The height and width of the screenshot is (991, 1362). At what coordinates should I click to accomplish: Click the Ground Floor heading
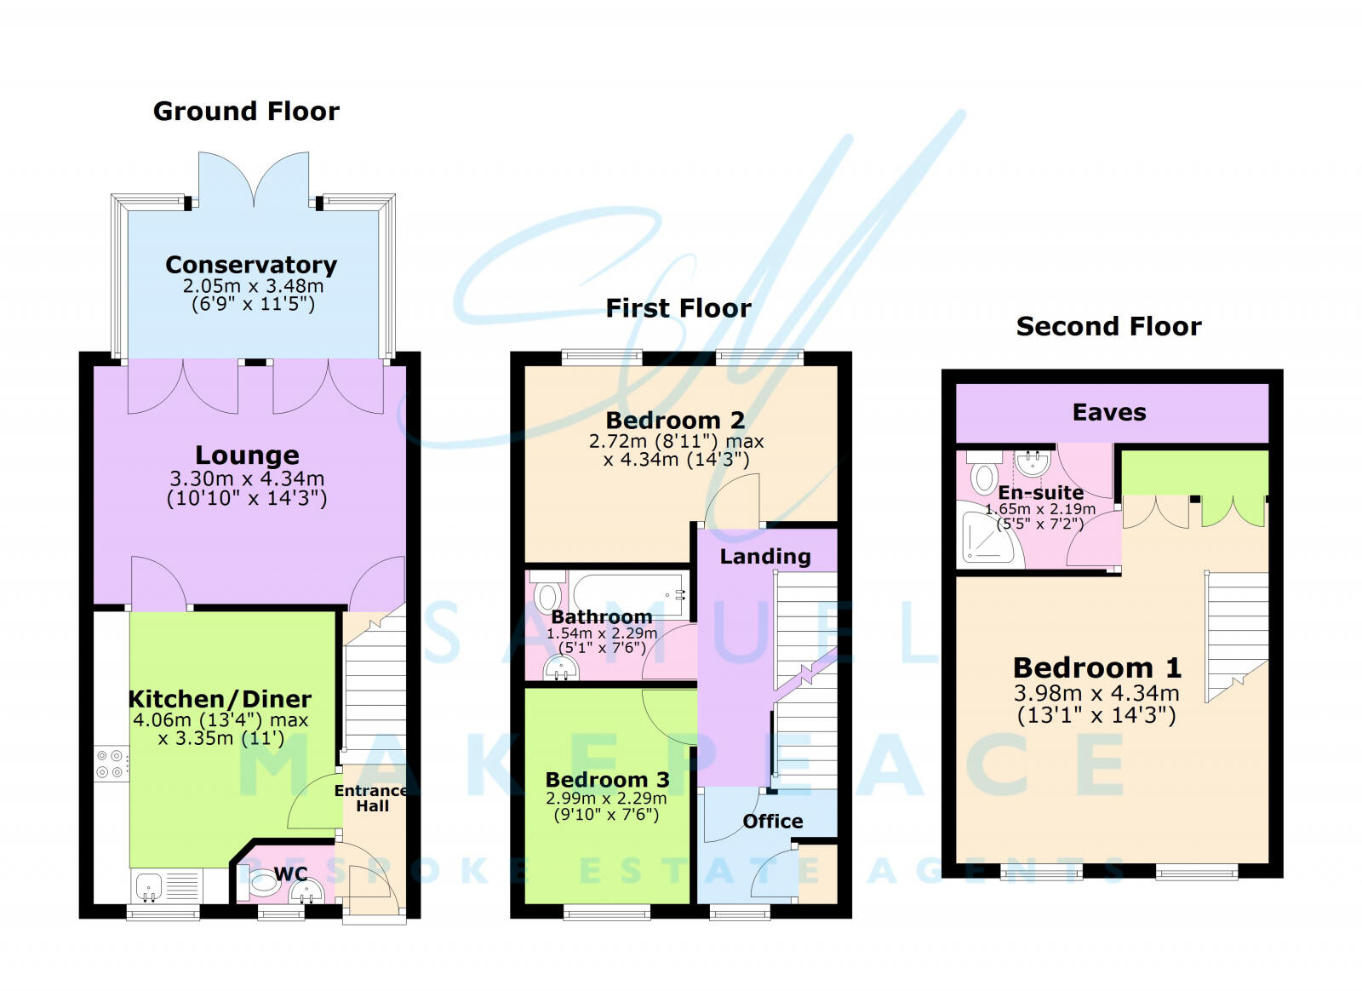246,112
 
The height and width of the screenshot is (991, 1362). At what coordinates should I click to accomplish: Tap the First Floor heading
678,308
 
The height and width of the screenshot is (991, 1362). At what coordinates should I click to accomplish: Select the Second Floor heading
1108,326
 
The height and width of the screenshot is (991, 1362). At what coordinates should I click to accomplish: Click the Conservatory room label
251,265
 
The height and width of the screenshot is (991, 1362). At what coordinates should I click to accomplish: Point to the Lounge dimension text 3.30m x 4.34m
247,478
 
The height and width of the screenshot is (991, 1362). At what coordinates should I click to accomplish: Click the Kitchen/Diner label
220,699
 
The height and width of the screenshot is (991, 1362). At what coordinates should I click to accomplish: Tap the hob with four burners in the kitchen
112,764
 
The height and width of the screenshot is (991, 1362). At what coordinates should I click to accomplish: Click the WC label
290,874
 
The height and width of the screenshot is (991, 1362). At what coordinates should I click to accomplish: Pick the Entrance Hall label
371,798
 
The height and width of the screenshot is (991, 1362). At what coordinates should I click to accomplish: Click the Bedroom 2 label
675,420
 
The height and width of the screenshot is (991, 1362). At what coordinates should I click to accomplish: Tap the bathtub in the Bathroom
627,593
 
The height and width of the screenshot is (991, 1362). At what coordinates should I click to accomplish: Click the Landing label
765,557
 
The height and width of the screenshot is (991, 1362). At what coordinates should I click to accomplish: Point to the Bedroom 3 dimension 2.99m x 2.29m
606,799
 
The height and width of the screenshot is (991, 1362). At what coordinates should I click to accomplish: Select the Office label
772,822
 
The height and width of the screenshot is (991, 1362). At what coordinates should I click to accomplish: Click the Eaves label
1109,413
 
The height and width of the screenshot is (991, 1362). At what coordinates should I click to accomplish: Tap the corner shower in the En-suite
987,535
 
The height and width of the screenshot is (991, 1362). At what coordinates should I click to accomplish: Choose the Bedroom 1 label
1096,667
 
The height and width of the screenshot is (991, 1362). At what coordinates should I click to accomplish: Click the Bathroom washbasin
561,670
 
